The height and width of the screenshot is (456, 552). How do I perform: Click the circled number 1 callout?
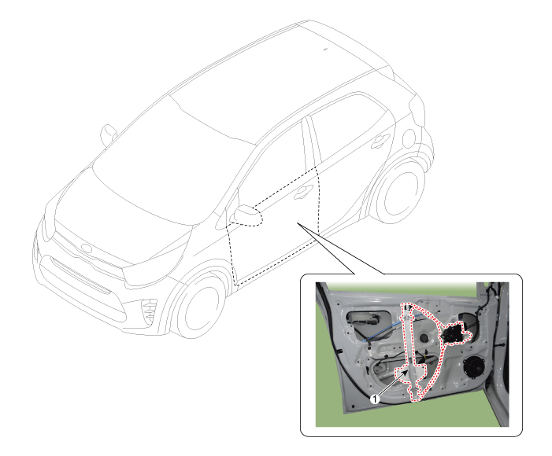coord(376,399)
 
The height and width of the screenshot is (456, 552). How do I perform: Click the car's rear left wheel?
coord(399,193)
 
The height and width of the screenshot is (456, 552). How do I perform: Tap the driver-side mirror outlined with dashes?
coord(249,215)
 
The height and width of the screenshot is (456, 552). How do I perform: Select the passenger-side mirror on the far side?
coord(109,135)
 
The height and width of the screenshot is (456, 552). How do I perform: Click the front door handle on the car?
coord(303,192)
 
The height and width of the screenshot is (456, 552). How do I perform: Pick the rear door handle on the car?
coord(380,141)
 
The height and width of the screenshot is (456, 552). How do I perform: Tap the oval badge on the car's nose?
coord(87,248)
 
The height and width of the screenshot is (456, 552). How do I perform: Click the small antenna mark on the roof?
coord(325,49)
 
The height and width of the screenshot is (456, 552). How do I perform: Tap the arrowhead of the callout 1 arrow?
coord(406,373)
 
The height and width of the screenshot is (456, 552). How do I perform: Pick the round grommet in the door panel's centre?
coord(424,338)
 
